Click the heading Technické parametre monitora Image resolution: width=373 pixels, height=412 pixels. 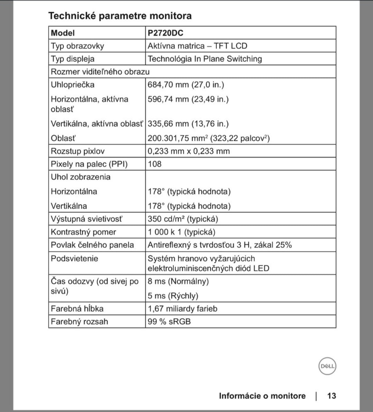(120, 16)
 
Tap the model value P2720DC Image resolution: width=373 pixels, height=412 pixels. (165, 33)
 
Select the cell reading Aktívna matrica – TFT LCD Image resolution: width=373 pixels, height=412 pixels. (197, 46)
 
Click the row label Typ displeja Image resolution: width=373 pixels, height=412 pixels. (73, 59)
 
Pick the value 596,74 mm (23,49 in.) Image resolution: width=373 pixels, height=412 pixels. (188, 99)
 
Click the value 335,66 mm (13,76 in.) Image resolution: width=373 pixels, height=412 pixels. (188, 124)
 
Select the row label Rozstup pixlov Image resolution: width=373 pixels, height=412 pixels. (78, 151)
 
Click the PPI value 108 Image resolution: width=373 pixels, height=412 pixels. (155, 164)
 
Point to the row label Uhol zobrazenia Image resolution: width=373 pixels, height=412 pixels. (81, 177)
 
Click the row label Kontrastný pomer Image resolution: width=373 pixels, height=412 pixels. (83, 232)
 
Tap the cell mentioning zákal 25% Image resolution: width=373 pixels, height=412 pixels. (220, 245)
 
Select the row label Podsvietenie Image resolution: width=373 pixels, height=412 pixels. (74, 259)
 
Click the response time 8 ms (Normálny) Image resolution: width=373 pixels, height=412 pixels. (178, 281)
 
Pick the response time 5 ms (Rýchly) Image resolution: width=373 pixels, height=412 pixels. (173, 296)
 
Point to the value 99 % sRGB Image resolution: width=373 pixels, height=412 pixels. (169, 322)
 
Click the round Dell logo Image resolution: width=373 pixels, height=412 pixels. (327, 366)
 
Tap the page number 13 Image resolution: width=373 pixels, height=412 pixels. (332, 396)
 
